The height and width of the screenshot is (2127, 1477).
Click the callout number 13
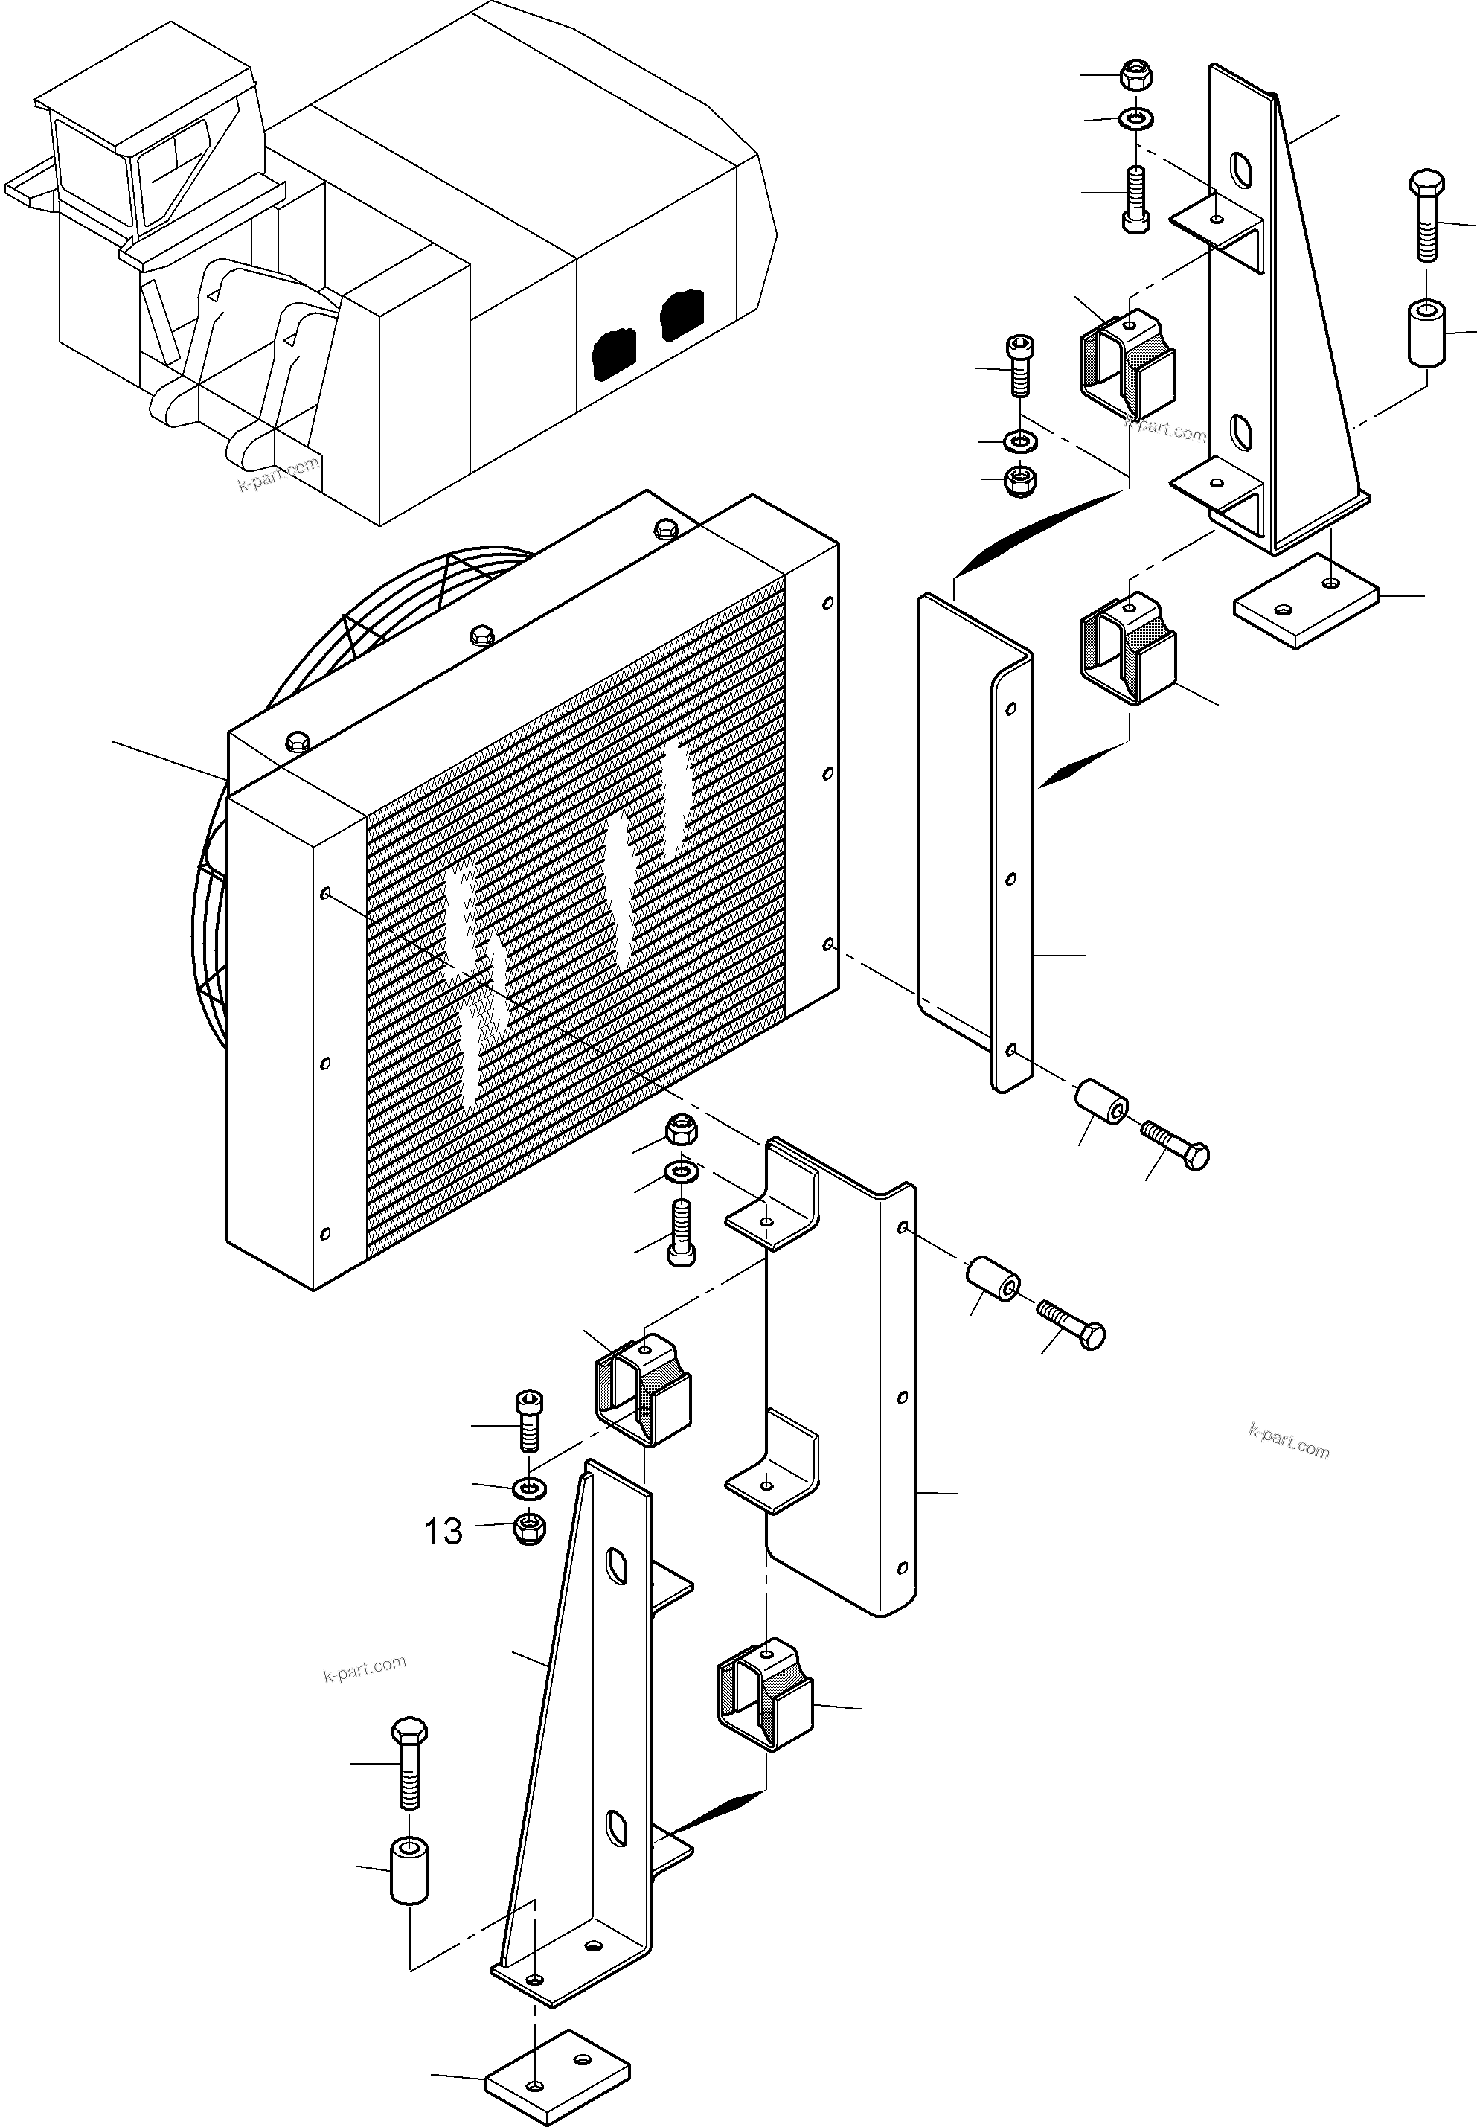click(x=443, y=1531)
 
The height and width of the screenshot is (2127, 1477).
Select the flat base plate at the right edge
click(x=1306, y=601)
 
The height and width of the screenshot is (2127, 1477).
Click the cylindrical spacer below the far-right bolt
click(x=1426, y=331)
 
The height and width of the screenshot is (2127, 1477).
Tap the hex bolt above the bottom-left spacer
click(x=410, y=1763)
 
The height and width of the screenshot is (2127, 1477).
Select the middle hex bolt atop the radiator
click(x=481, y=634)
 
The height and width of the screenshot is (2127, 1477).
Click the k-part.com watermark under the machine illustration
click(x=278, y=474)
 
